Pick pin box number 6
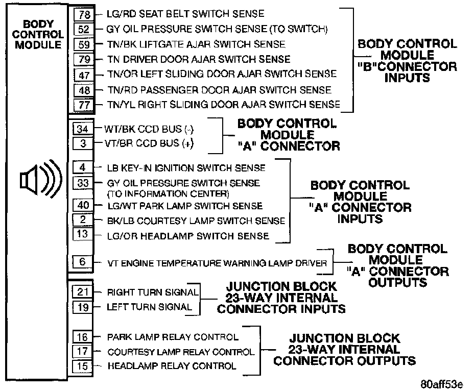(83, 262)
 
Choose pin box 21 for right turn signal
(83, 292)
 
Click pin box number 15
(83, 366)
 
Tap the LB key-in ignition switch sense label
(186, 167)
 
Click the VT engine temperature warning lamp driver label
(217, 263)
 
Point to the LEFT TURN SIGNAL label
(149, 307)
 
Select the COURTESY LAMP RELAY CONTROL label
(180, 352)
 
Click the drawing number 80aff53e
(442, 384)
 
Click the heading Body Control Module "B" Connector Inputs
(407, 61)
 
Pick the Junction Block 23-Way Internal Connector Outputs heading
(344, 350)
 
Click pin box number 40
(83, 205)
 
